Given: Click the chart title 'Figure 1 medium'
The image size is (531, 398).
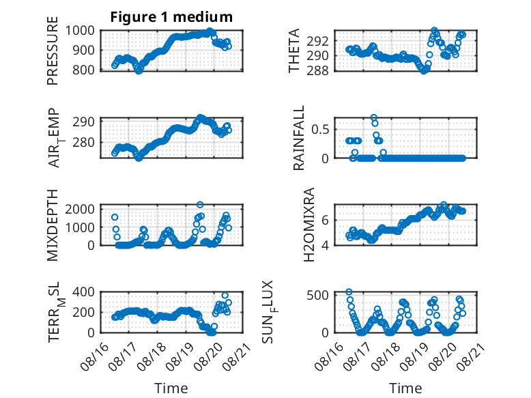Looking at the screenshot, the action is pos(171,17).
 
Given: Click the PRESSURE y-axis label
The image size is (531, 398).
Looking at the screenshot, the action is pos(53,51).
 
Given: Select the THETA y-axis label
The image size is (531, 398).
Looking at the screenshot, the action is pos(294,51).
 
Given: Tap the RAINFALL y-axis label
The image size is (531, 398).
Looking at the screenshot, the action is pos(299,138).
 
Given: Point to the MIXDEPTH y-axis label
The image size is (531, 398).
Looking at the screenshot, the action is pos(53,225).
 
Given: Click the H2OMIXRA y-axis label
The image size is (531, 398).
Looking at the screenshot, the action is pos(309,225).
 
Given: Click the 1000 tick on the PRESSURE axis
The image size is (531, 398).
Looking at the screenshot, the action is pos(80,31).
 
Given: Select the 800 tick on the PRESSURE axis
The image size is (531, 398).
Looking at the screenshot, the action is pos(84,70).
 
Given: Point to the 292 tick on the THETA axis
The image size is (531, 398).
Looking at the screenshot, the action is pos(317,42).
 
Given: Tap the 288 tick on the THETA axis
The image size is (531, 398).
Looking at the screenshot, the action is pos(317,71).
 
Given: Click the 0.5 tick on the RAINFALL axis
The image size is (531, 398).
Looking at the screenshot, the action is pos(320,130).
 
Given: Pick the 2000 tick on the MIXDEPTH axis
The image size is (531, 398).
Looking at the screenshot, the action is pos(80,209).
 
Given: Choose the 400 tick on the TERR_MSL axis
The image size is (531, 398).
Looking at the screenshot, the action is pos(84,292).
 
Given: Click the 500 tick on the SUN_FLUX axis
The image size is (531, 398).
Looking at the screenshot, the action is pos(317,295).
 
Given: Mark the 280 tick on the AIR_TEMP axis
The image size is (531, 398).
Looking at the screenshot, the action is pos(84,143).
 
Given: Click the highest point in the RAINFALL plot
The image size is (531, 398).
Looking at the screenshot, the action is pos(374,118).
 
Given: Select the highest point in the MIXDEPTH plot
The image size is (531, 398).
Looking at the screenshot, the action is pos(200,205).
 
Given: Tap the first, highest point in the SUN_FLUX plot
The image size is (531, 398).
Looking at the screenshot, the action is pos(349,292).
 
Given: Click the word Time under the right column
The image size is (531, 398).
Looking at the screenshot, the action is pos(405,388).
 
